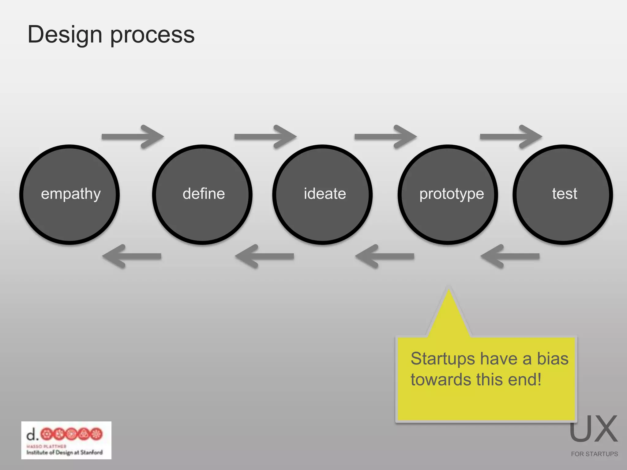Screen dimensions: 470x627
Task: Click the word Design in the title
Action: [65, 35]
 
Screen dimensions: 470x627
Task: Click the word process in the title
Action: [152, 35]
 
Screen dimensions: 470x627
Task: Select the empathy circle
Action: [70, 195]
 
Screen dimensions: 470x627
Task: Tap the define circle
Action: [202, 195]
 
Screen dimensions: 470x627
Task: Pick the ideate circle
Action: [323, 195]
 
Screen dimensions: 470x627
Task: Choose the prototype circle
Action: [448, 195]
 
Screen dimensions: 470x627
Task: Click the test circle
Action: [563, 195]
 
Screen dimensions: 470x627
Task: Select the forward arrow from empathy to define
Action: [133, 136]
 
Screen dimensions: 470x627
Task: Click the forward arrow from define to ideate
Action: [265, 136]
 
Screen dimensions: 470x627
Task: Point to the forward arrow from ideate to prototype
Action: [386, 136]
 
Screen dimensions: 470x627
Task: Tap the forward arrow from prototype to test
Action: [511, 136]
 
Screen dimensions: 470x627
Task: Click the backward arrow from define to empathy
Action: [132, 256]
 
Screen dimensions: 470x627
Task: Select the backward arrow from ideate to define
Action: [265, 256]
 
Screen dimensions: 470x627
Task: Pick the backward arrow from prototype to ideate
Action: [385, 256]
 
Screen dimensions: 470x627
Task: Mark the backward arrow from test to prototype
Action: [510, 256]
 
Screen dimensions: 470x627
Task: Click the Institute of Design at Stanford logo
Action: [66, 440]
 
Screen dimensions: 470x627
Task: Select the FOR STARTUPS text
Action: [594, 454]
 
